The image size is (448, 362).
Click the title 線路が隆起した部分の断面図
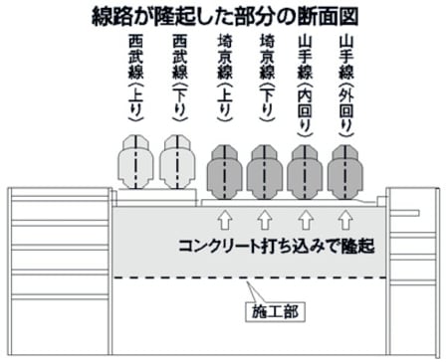pyautogui.click(x=224, y=15)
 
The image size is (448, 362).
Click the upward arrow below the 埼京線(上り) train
pyautogui.click(x=223, y=216)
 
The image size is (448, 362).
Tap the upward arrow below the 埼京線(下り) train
pyautogui.click(x=264, y=216)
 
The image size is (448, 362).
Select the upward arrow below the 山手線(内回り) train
pyautogui.click(x=305, y=216)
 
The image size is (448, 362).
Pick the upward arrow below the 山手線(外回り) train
pyautogui.click(x=345, y=216)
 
